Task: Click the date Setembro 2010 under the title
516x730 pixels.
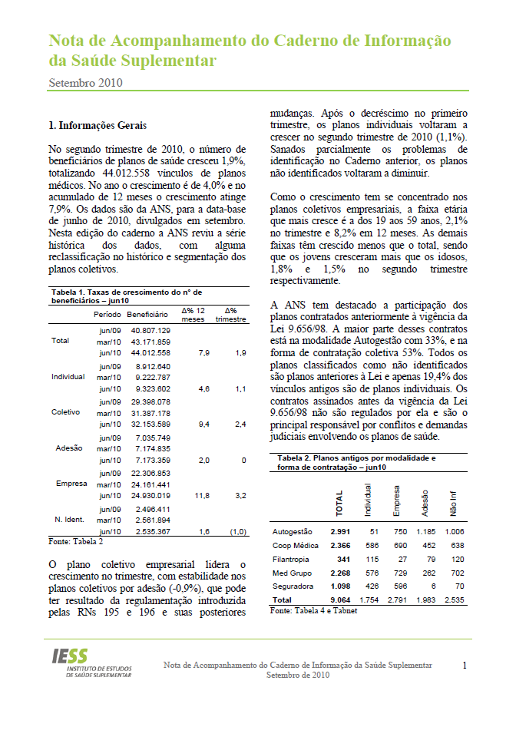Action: pos(85,82)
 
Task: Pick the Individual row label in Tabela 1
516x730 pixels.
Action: pos(68,377)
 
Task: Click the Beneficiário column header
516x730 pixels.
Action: pos(147,315)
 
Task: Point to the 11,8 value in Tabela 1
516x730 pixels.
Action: pos(202,496)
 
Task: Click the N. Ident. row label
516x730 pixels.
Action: pos(69,520)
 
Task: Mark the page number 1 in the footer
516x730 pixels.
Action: pos(465,666)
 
